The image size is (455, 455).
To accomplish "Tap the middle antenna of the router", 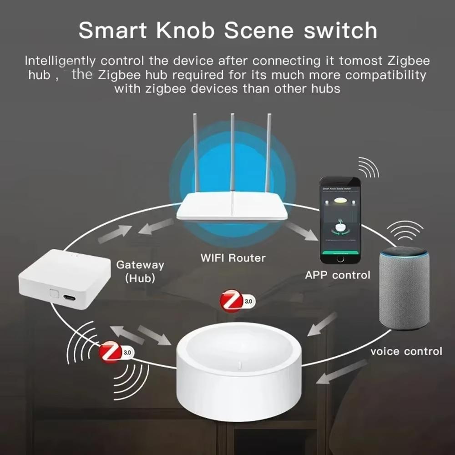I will pos(232,155).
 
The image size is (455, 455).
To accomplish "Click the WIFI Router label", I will pos(233,258).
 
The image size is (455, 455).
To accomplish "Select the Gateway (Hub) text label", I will pos(140,271).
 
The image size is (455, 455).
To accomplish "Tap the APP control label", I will pos(338,275).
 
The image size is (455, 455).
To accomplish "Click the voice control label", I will pos(406,351).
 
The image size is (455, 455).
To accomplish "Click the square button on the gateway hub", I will pos(54,293).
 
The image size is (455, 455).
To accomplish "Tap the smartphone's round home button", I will pos(339,258).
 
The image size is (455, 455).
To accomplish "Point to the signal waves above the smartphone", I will pos(369,168).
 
